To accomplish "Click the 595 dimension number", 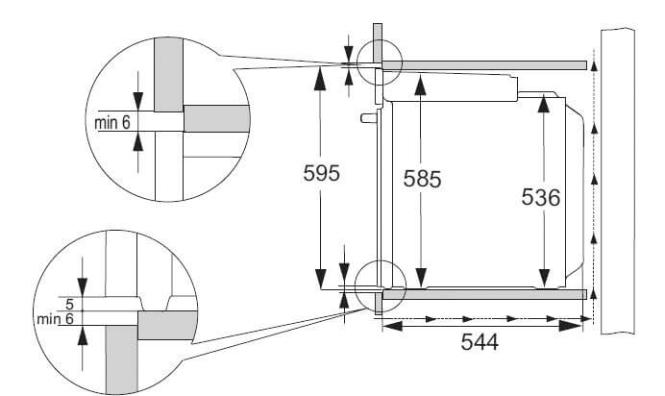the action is [x=322, y=173].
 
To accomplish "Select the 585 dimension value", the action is [x=422, y=179].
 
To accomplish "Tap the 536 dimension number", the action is [x=541, y=197].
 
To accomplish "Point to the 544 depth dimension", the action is [x=480, y=342].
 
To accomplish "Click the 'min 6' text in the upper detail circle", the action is [x=112, y=122].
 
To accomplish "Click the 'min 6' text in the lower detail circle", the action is [x=55, y=318].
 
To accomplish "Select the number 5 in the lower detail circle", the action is [x=70, y=304].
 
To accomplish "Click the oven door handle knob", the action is [x=369, y=117].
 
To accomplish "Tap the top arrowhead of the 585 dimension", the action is [x=420, y=85].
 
